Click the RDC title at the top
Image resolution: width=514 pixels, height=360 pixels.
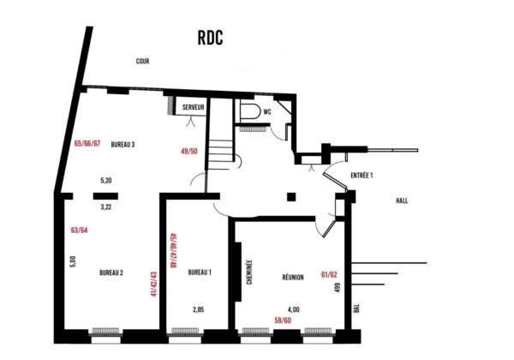[x=211, y=38]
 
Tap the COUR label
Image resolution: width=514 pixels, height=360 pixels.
[x=142, y=62]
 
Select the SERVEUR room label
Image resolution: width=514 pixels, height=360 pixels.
[x=194, y=107]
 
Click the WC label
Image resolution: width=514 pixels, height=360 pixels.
[x=267, y=112]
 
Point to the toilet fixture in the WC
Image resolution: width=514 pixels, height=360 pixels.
[x=250, y=111]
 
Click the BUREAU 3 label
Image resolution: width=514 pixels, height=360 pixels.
[x=123, y=144]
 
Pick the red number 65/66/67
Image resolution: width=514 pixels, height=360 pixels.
[x=87, y=144]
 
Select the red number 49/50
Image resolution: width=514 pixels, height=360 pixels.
[x=189, y=151]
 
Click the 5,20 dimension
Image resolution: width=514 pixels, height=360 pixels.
[x=106, y=180]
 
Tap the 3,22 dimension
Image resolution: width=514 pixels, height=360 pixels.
[x=106, y=207]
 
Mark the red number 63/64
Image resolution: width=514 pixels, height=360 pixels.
[x=80, y=231]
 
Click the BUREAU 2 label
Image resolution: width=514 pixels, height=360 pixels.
[x=111, y=273]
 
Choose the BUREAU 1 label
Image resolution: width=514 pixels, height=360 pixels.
[x=200, y=272]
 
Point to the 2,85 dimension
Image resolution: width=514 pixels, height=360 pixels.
[x=199, y=309]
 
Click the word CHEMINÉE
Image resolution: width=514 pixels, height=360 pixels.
[x=249, y=272]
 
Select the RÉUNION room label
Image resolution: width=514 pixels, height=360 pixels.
[x=293, y=278]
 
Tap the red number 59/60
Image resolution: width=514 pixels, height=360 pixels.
[x=283, y=321]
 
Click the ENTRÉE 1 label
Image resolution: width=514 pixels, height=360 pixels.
[x=362, y=176]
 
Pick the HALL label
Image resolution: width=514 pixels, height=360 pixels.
[x=402, y=201]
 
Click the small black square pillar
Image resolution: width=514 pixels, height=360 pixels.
[x=291, y=197]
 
